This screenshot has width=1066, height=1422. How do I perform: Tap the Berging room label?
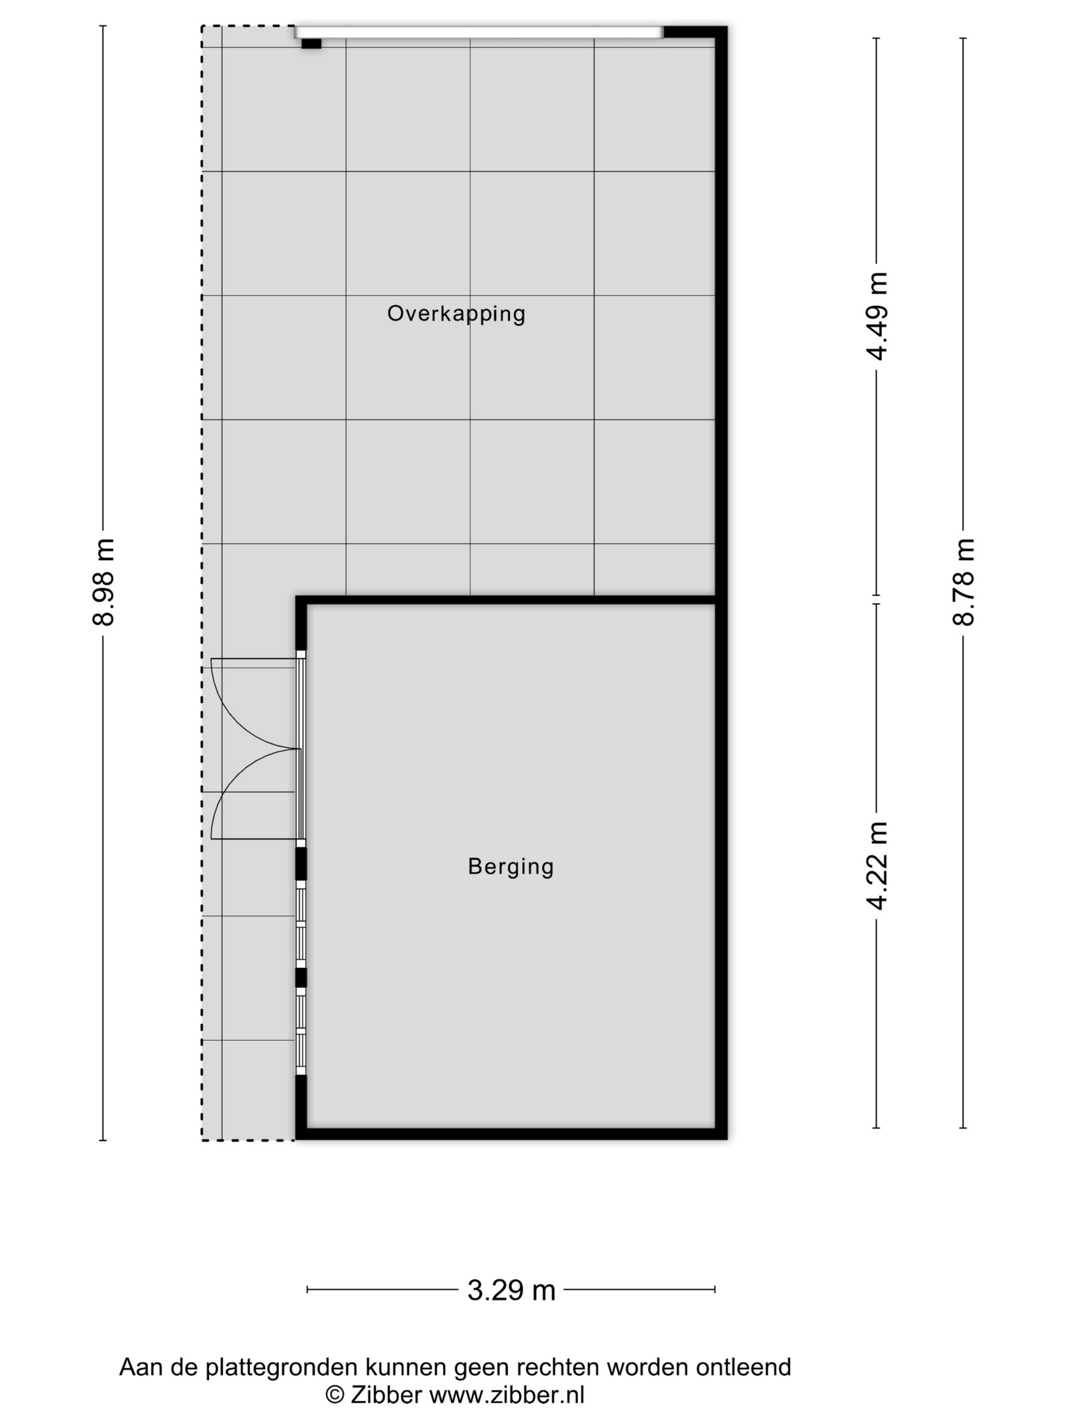(x=511, y=866)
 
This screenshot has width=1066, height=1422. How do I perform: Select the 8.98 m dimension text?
(x=104, y=582)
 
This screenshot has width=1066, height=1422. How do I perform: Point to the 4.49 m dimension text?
(x=877, y=316)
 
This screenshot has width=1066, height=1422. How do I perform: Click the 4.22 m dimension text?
(x=877, y=865)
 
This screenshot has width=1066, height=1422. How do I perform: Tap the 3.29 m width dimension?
(x=511, y=1289)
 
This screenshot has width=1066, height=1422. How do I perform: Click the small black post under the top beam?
(x=311, y=44)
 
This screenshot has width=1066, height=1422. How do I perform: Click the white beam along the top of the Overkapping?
(x=479, y=32)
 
